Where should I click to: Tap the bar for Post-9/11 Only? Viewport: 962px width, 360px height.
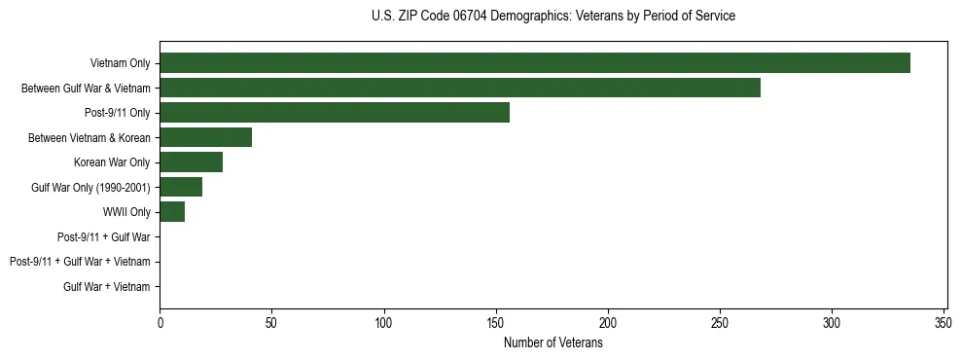(x=335, y=113)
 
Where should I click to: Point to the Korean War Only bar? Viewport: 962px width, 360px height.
(x=192, y=162)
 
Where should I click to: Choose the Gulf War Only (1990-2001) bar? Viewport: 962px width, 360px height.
(x=181, y=187)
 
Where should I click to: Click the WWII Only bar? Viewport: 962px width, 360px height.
(x=172, y=212)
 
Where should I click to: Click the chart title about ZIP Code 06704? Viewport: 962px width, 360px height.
(x=553, y=17)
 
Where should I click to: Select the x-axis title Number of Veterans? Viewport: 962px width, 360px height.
(x=553, y=343)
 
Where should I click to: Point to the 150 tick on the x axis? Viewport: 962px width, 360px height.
(x=496, y=323)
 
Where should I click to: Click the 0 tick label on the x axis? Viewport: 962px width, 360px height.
(x=160, y=323)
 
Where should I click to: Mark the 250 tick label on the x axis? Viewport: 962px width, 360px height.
(x=720, y=323)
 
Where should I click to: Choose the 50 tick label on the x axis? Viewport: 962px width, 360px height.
(x=272, y=323)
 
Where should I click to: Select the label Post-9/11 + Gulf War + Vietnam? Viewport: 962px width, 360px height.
(x=80, y=262)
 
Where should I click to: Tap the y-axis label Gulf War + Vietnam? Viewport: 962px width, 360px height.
(x=107, y=286)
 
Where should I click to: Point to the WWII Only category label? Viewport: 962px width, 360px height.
(x=126, y=212)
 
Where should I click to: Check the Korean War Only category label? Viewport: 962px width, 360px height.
(x=112, y=162)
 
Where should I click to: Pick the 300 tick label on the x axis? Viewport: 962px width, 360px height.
(x=832, y=323)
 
